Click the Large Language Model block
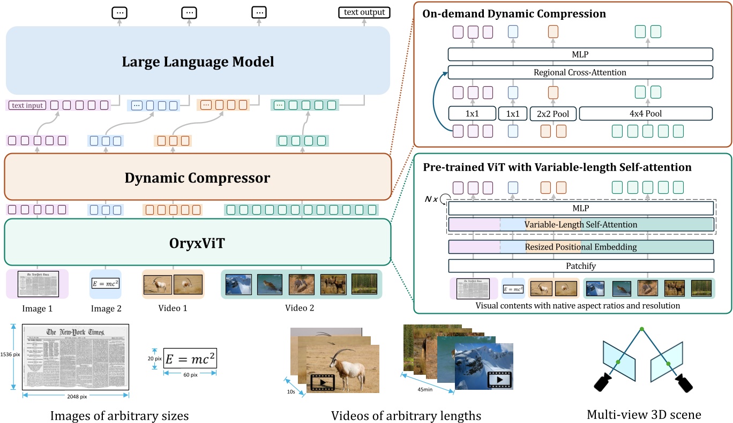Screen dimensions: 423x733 (197, 61)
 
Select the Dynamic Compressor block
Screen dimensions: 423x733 (197, 177)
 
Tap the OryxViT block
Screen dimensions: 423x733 (197, 241)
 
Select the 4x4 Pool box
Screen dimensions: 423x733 (646, 114)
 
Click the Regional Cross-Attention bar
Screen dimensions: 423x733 (580, 72)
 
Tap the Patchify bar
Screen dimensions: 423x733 (581, 266)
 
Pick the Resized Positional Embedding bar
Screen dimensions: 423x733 (581, 247)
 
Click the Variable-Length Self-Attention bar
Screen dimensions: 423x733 (581, 224)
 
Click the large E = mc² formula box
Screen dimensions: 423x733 (190, 358)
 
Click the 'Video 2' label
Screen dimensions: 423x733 (300, 308)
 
